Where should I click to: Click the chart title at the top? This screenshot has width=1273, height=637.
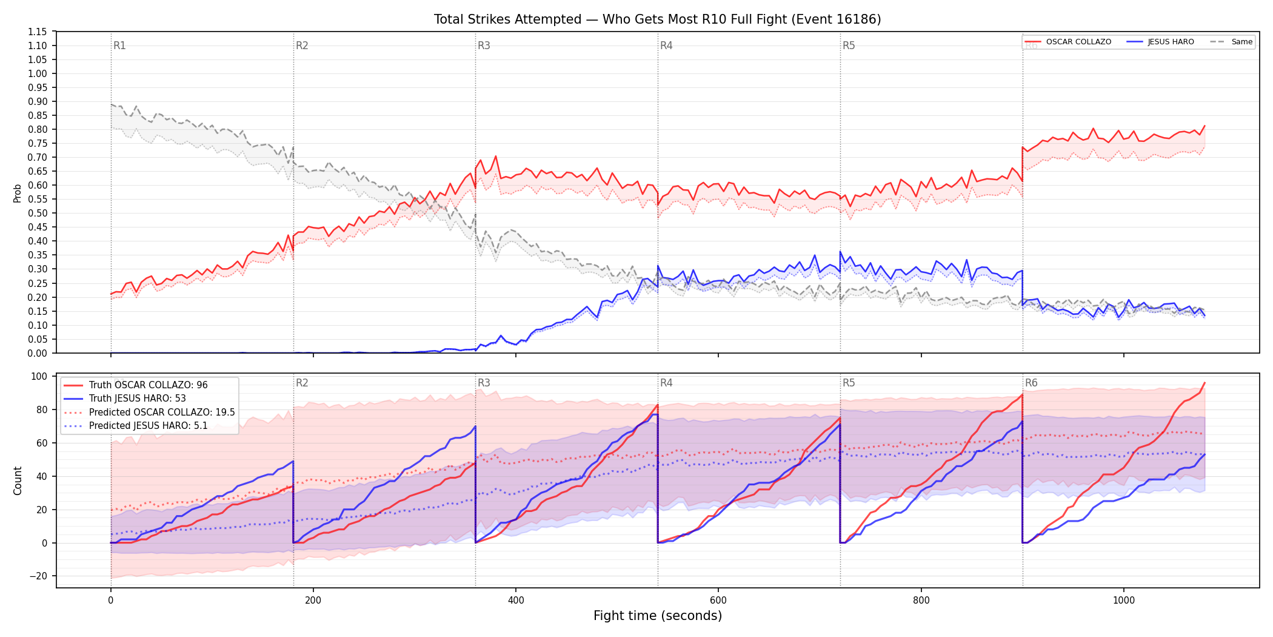657,19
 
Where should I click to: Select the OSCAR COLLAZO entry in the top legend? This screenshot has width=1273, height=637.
1068,42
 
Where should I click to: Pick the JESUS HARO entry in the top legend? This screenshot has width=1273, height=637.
1160,42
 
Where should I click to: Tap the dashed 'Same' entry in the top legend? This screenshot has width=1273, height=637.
1231,42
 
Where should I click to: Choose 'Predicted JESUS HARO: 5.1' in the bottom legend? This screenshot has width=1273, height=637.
136,425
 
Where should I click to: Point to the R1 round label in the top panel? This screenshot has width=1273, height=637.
119,45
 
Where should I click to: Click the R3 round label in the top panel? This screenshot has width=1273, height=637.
484,45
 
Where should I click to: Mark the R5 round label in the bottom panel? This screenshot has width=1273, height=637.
849,383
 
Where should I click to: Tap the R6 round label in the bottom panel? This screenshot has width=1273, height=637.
1031,383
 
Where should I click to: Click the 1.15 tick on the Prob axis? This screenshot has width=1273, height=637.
38,32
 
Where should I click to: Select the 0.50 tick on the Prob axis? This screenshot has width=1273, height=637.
38,213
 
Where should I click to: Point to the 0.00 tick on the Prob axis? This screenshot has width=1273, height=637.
38,353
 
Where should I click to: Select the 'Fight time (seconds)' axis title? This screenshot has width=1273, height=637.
658,616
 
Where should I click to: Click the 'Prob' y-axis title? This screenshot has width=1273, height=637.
18,193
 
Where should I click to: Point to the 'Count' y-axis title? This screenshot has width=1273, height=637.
18,480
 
